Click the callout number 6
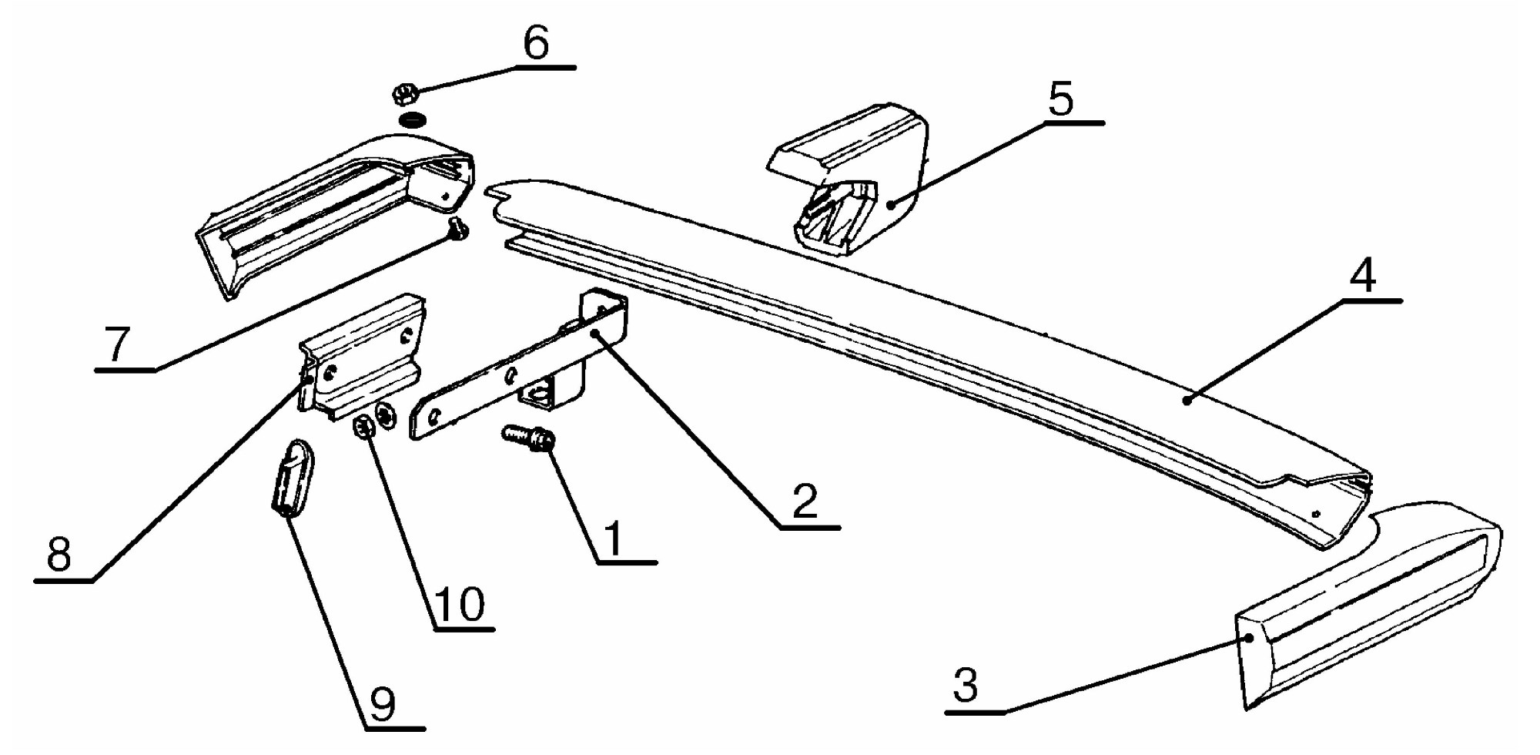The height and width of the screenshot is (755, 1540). [x=536, y=42]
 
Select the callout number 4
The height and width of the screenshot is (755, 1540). [x=1363, y=275]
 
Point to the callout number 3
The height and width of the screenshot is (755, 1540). [x=966, y=684]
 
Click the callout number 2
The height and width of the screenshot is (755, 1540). [x=805, y=502]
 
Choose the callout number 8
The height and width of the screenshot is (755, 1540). [x=59, y=553]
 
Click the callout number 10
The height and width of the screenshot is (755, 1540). [x=460, y=604]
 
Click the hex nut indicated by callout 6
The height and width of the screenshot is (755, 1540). [x=405, y=95]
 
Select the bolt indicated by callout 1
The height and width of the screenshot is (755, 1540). [x=529, y=437]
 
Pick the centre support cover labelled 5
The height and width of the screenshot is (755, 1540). [x=849, y=178]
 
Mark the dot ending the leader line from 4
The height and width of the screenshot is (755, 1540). [x=1187, y=401]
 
